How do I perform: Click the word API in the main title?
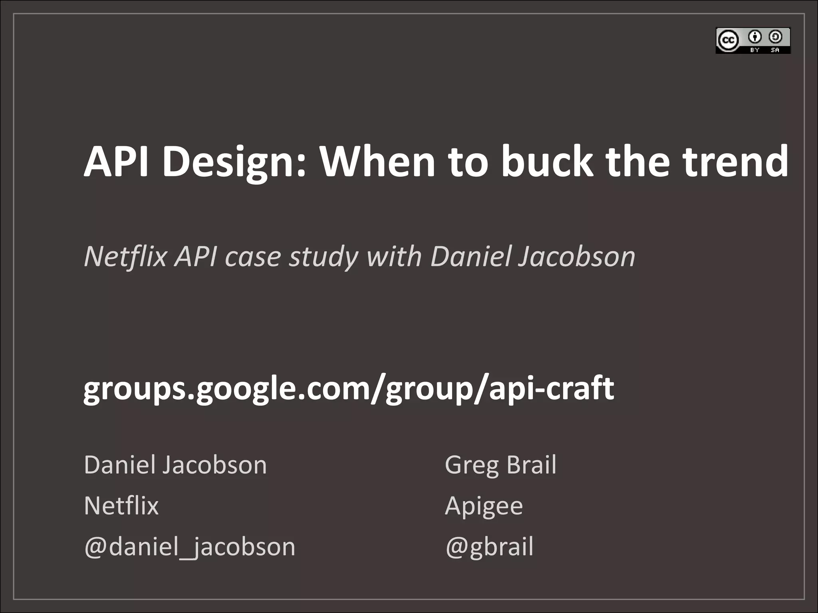click(116, 162)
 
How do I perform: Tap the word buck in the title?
click(547, 162)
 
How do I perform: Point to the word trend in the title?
click(735, 162)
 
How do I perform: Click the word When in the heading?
click(377, 162)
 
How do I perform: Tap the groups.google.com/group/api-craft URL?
click(348, 389)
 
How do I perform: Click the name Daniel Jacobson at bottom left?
click(175, 465)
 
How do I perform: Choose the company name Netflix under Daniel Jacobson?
click(121, 506)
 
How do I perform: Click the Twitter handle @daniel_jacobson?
click(190, 547)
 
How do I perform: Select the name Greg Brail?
click(500, 465)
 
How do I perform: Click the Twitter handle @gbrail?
click(489, 547)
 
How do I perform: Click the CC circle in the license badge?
click(728, 40)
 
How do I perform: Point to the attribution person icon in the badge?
click(754, 37)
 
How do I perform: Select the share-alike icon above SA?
click(775, 37)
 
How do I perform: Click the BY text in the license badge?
click(754, 50)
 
